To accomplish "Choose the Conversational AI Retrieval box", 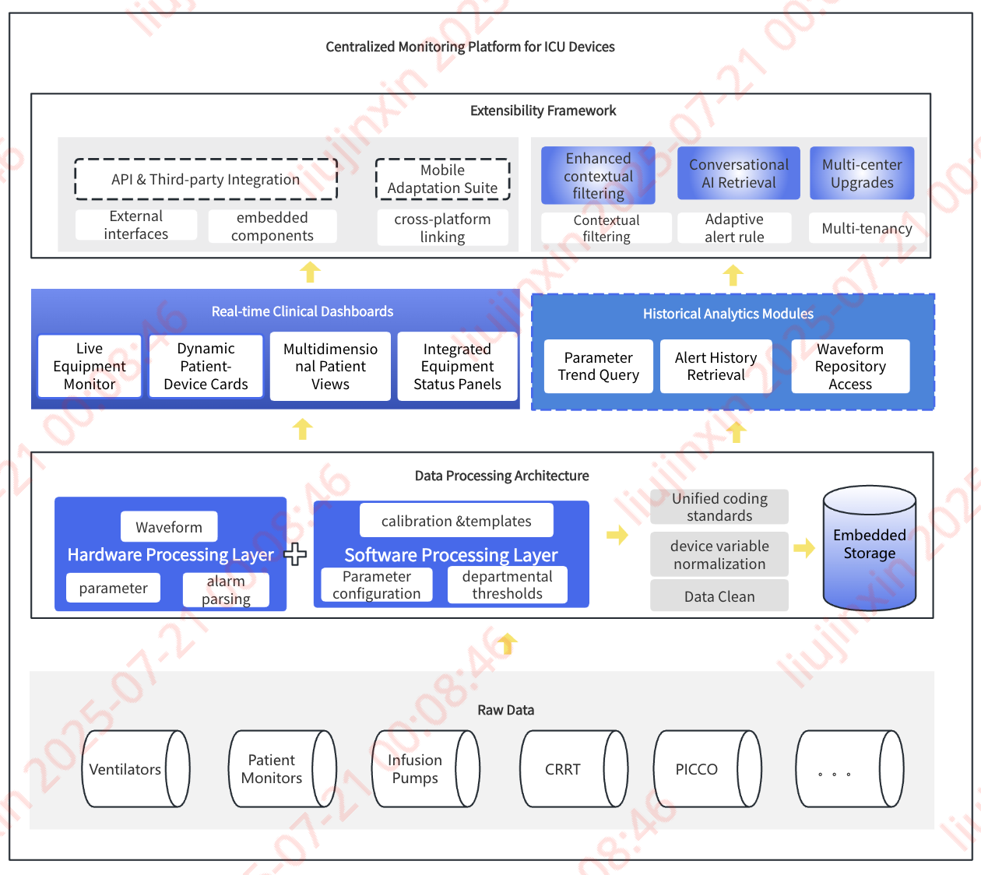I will pos(739,174).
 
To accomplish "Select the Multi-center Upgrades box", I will pos(862,174).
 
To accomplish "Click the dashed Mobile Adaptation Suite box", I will pos(442,179).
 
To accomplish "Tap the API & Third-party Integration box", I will pos(206,179).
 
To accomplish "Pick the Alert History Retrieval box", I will pos(716,366).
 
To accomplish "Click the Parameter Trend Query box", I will pos(598,366).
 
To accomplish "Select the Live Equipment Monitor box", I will pos(90,366).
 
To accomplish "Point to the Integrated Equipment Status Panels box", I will pos(457,366).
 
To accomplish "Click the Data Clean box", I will pos(719,596).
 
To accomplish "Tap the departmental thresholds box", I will pos(507,585).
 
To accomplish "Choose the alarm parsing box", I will pos(226,589).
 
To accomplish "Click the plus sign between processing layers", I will pos(295,554).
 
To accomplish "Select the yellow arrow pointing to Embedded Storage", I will pos(804,548).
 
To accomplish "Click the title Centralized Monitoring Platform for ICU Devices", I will pos(470,47).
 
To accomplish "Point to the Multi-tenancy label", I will pos(867,228).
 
